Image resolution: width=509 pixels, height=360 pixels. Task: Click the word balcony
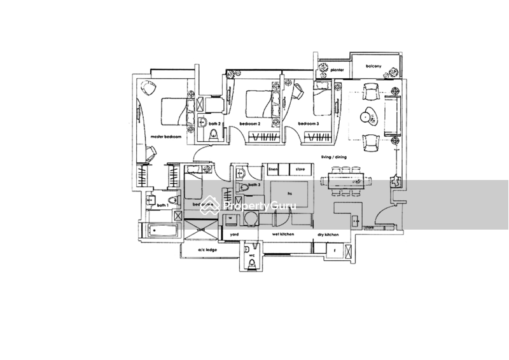(x=375, y=66)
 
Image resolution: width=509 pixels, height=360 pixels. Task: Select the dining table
(x=342, y=180)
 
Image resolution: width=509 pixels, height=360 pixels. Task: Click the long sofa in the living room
(x=393, y=114)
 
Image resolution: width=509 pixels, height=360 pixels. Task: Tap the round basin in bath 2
(x=214, y=132)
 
